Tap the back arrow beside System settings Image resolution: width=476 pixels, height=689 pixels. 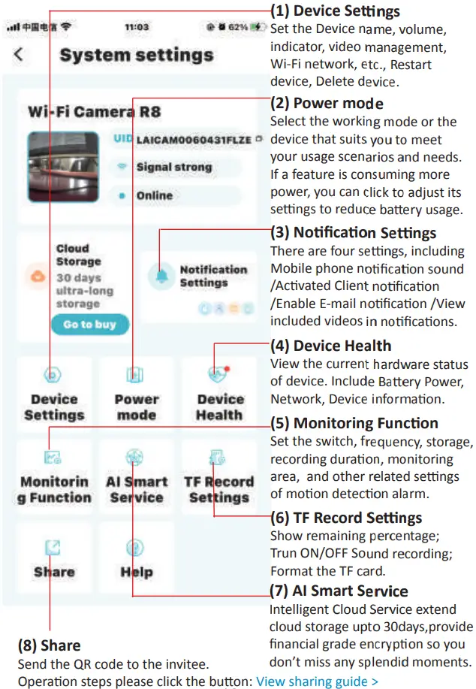(x=19, y=55)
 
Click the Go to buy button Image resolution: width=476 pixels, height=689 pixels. (x=90, y=324)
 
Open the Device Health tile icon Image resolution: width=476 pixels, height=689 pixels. (x=218, y=374)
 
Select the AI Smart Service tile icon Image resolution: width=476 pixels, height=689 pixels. (x=135, y=457)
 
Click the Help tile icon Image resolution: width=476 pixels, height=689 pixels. (x=135, y=548)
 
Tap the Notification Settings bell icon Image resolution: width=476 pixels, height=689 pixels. (x=161, y=276)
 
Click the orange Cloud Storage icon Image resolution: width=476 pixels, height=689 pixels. (x=38, y=276)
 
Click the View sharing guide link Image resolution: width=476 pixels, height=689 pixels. (x=317, y=681)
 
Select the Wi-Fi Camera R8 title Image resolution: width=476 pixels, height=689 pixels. (x=95, y=113)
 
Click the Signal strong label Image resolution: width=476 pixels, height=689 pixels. (x=174, y=168)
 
